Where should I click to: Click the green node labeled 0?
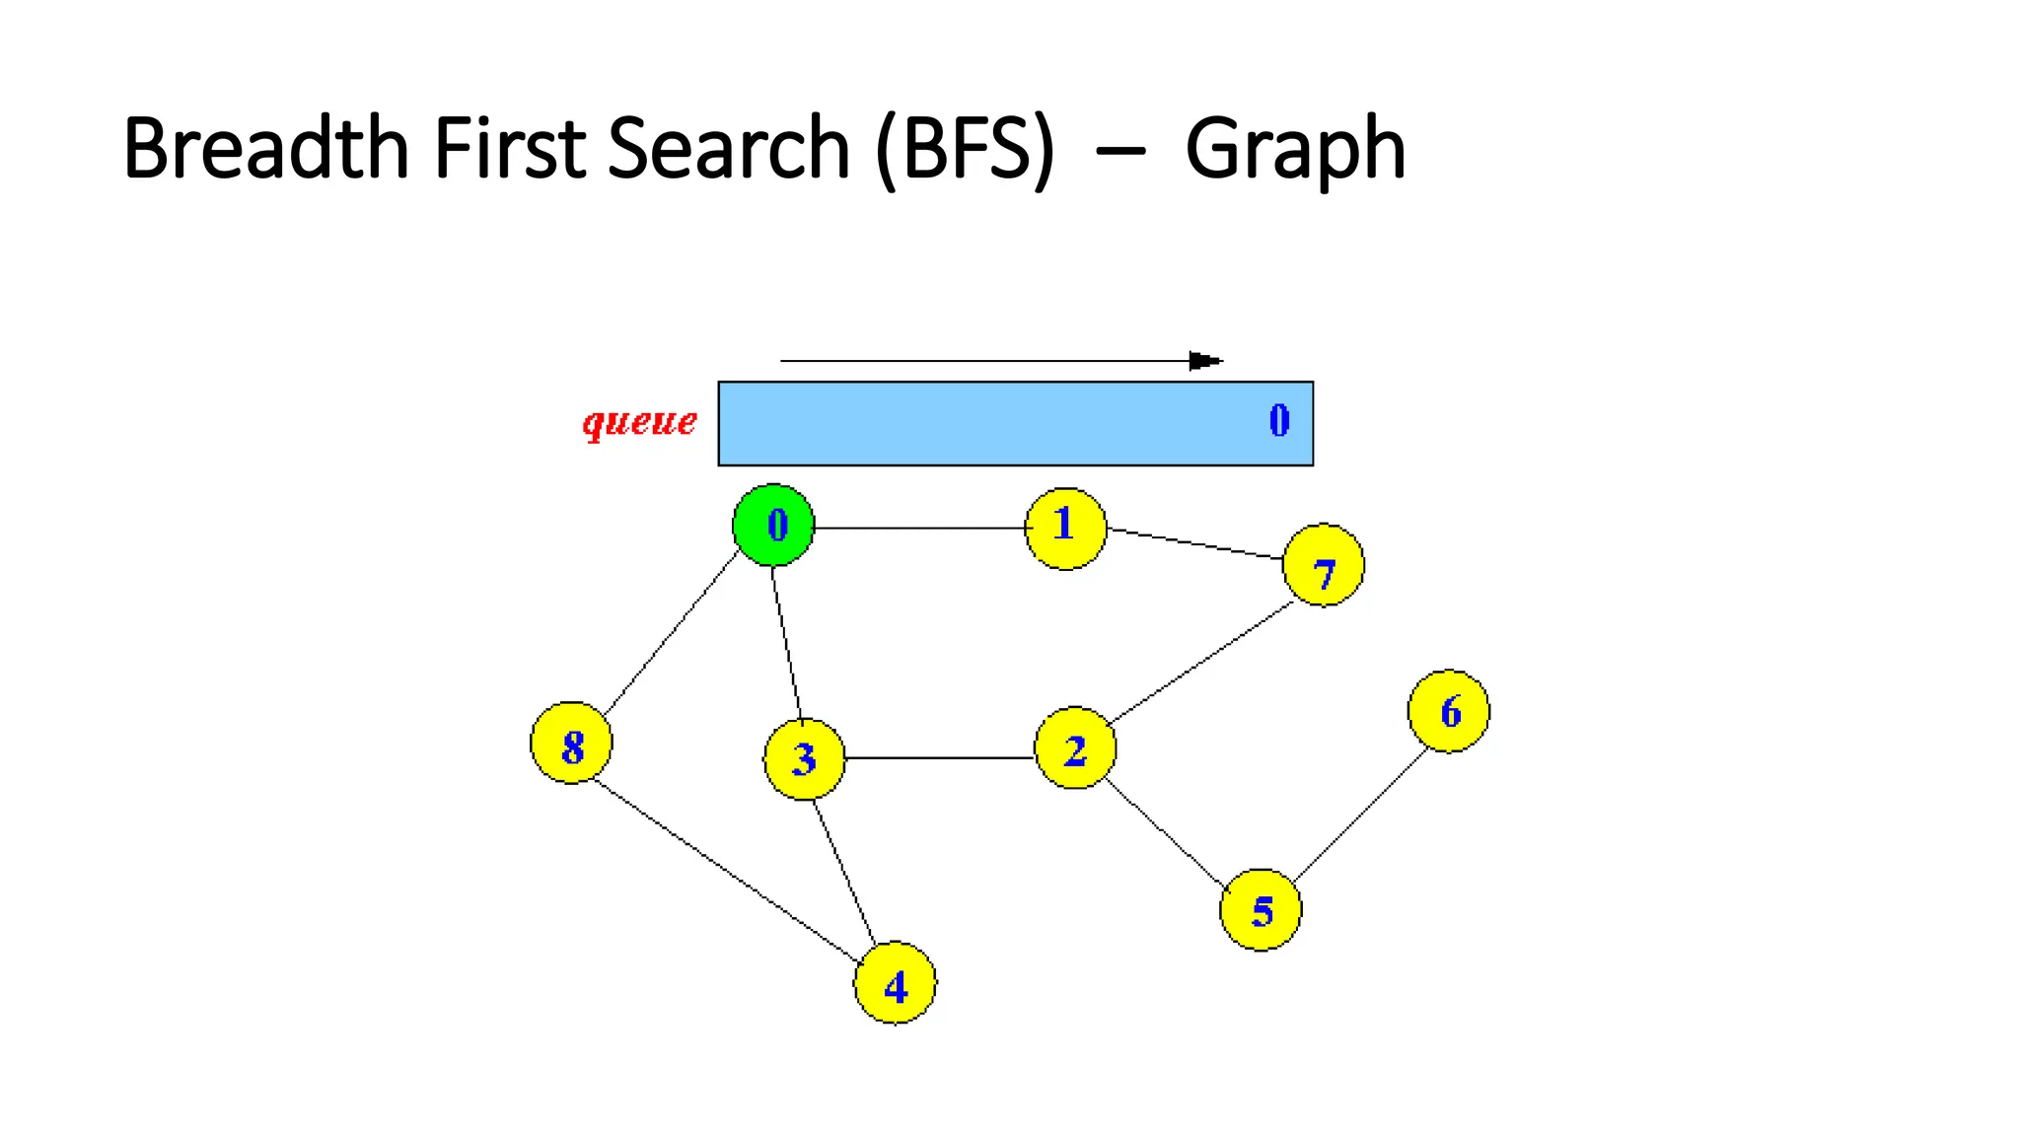[774, 525]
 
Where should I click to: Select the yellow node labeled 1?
[1065, 529]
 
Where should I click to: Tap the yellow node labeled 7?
[1324, 565]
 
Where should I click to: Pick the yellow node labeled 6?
[1449, 711]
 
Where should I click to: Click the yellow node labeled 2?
[1075, 748]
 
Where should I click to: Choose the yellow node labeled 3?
[805, 758]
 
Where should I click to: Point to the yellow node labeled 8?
[571, 743]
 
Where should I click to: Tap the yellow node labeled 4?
[895, 983]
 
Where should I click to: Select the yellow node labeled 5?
[1261, 910]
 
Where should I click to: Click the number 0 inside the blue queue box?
[1279, 421]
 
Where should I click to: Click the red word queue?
[639, 422]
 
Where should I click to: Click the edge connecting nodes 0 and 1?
[919, 529]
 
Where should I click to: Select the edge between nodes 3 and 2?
[939, 758]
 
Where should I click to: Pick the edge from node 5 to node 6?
[1361, 816]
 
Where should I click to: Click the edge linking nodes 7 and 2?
[1200, 663]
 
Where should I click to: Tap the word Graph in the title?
[1294, 150]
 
